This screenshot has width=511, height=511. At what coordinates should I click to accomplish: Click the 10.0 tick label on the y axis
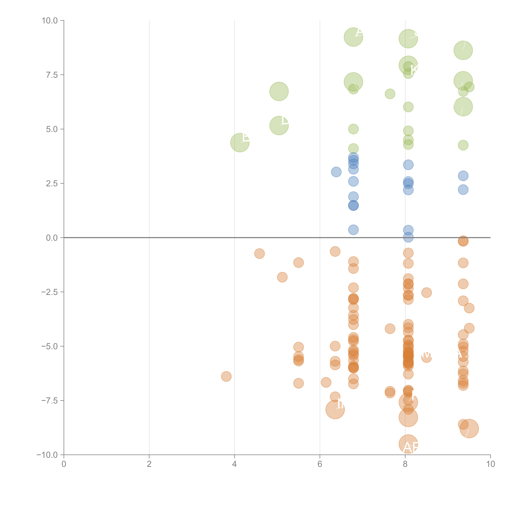click(x=50, y=21)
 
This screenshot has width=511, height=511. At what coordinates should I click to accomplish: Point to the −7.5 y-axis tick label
click(x=50, y=400)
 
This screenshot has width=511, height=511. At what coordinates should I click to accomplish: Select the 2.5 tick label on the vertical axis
click(x=52, y=183)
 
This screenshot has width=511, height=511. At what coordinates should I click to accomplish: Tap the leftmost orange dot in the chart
click(x=226, y=376)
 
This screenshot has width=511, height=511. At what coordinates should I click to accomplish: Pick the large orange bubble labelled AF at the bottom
click(x=408, y=444)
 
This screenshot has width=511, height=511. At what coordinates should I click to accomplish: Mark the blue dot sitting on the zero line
click(x=408, y=238)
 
